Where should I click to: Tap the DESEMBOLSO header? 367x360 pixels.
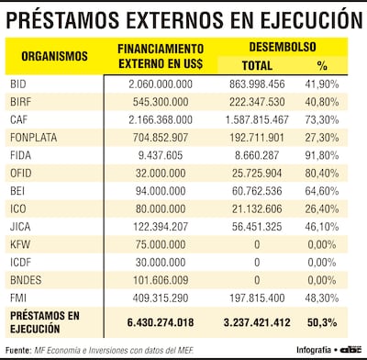[x=286, y=47]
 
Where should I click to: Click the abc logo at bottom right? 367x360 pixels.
[x=350, y=349]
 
